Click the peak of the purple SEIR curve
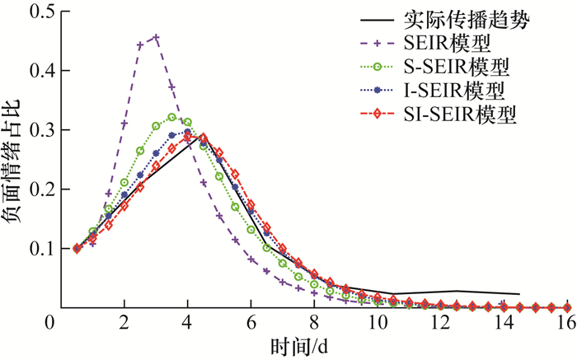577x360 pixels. coord(156,37)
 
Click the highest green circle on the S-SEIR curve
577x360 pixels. coord(171,117)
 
